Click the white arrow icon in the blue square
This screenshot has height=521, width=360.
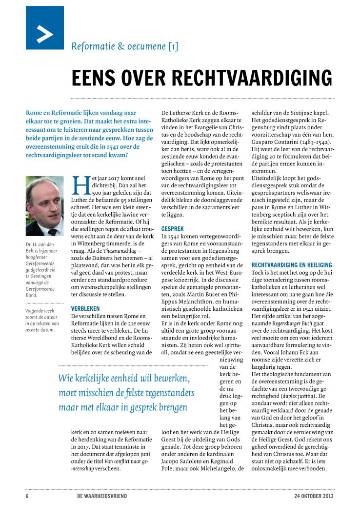pos(45,34)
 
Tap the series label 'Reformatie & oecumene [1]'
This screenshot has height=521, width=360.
pos(125,46)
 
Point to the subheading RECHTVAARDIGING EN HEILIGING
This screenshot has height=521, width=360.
pos(291,265)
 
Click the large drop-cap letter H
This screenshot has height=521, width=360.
pos(78,185)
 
